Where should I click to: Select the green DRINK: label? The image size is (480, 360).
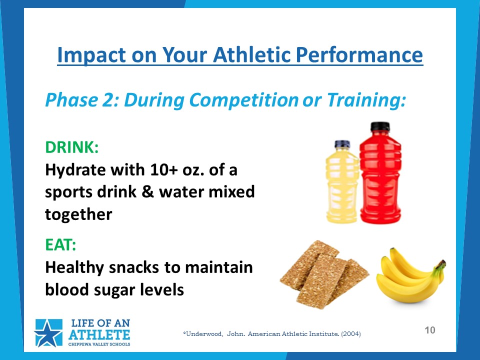click(x=72, y=147)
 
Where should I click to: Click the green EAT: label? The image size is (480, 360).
click(x=60, y=244)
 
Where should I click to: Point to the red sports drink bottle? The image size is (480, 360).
click(x=380, y=173)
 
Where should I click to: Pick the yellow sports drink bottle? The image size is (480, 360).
click(x=342, y=182)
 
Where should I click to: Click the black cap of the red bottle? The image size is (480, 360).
click(x=380, y=126)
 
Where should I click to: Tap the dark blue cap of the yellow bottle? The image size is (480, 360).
click(x=342, y=144)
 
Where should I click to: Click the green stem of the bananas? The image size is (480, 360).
click(x=441, y=264)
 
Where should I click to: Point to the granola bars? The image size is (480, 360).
click(x=324, y=274)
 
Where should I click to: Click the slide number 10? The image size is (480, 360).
click(x=430, y=330)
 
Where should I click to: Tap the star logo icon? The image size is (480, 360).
click(x=48, y=333)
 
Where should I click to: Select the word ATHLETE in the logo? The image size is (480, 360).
click(x=99, y=335)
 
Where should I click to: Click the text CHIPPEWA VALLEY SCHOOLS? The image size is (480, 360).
click(x=99, y=344)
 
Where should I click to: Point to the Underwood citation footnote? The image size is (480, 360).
click(x=272, y=333)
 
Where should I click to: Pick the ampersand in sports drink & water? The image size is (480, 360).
click(x=147, y=192)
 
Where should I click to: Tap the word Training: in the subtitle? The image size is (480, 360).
click(x=366, y=100)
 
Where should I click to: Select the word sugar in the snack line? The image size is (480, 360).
click(x=114, y=290)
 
